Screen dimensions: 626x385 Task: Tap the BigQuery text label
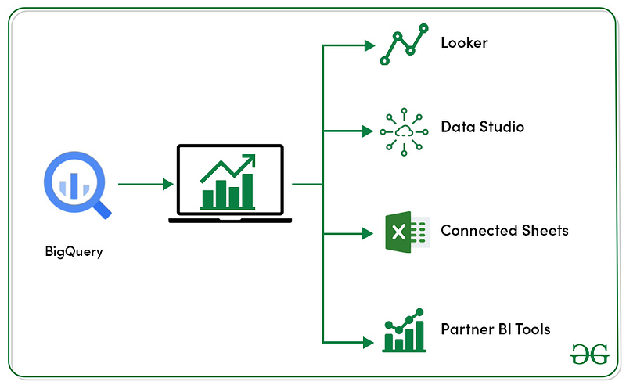(74, 252)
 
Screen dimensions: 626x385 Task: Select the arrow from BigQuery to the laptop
(146, 184)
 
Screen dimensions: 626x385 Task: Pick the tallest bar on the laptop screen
(247, 191)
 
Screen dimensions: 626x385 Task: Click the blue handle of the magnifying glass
(103, 210)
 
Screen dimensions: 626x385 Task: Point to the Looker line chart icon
(404, 44)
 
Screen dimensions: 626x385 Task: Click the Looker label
(464, 43)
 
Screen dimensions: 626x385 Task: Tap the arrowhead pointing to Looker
(369, 45)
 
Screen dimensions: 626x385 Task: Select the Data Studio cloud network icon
(404, 131)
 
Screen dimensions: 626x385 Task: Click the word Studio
(502, 127)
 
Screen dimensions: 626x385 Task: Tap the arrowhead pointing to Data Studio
(368, 131)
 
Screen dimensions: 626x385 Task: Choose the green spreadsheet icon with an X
(408, 232)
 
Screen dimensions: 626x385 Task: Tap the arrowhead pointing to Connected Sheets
(368, 233)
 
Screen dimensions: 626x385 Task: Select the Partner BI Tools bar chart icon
(404, 330)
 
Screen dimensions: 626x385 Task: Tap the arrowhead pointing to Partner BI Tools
(368, 342)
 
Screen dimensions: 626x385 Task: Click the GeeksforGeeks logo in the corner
(590, 354)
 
